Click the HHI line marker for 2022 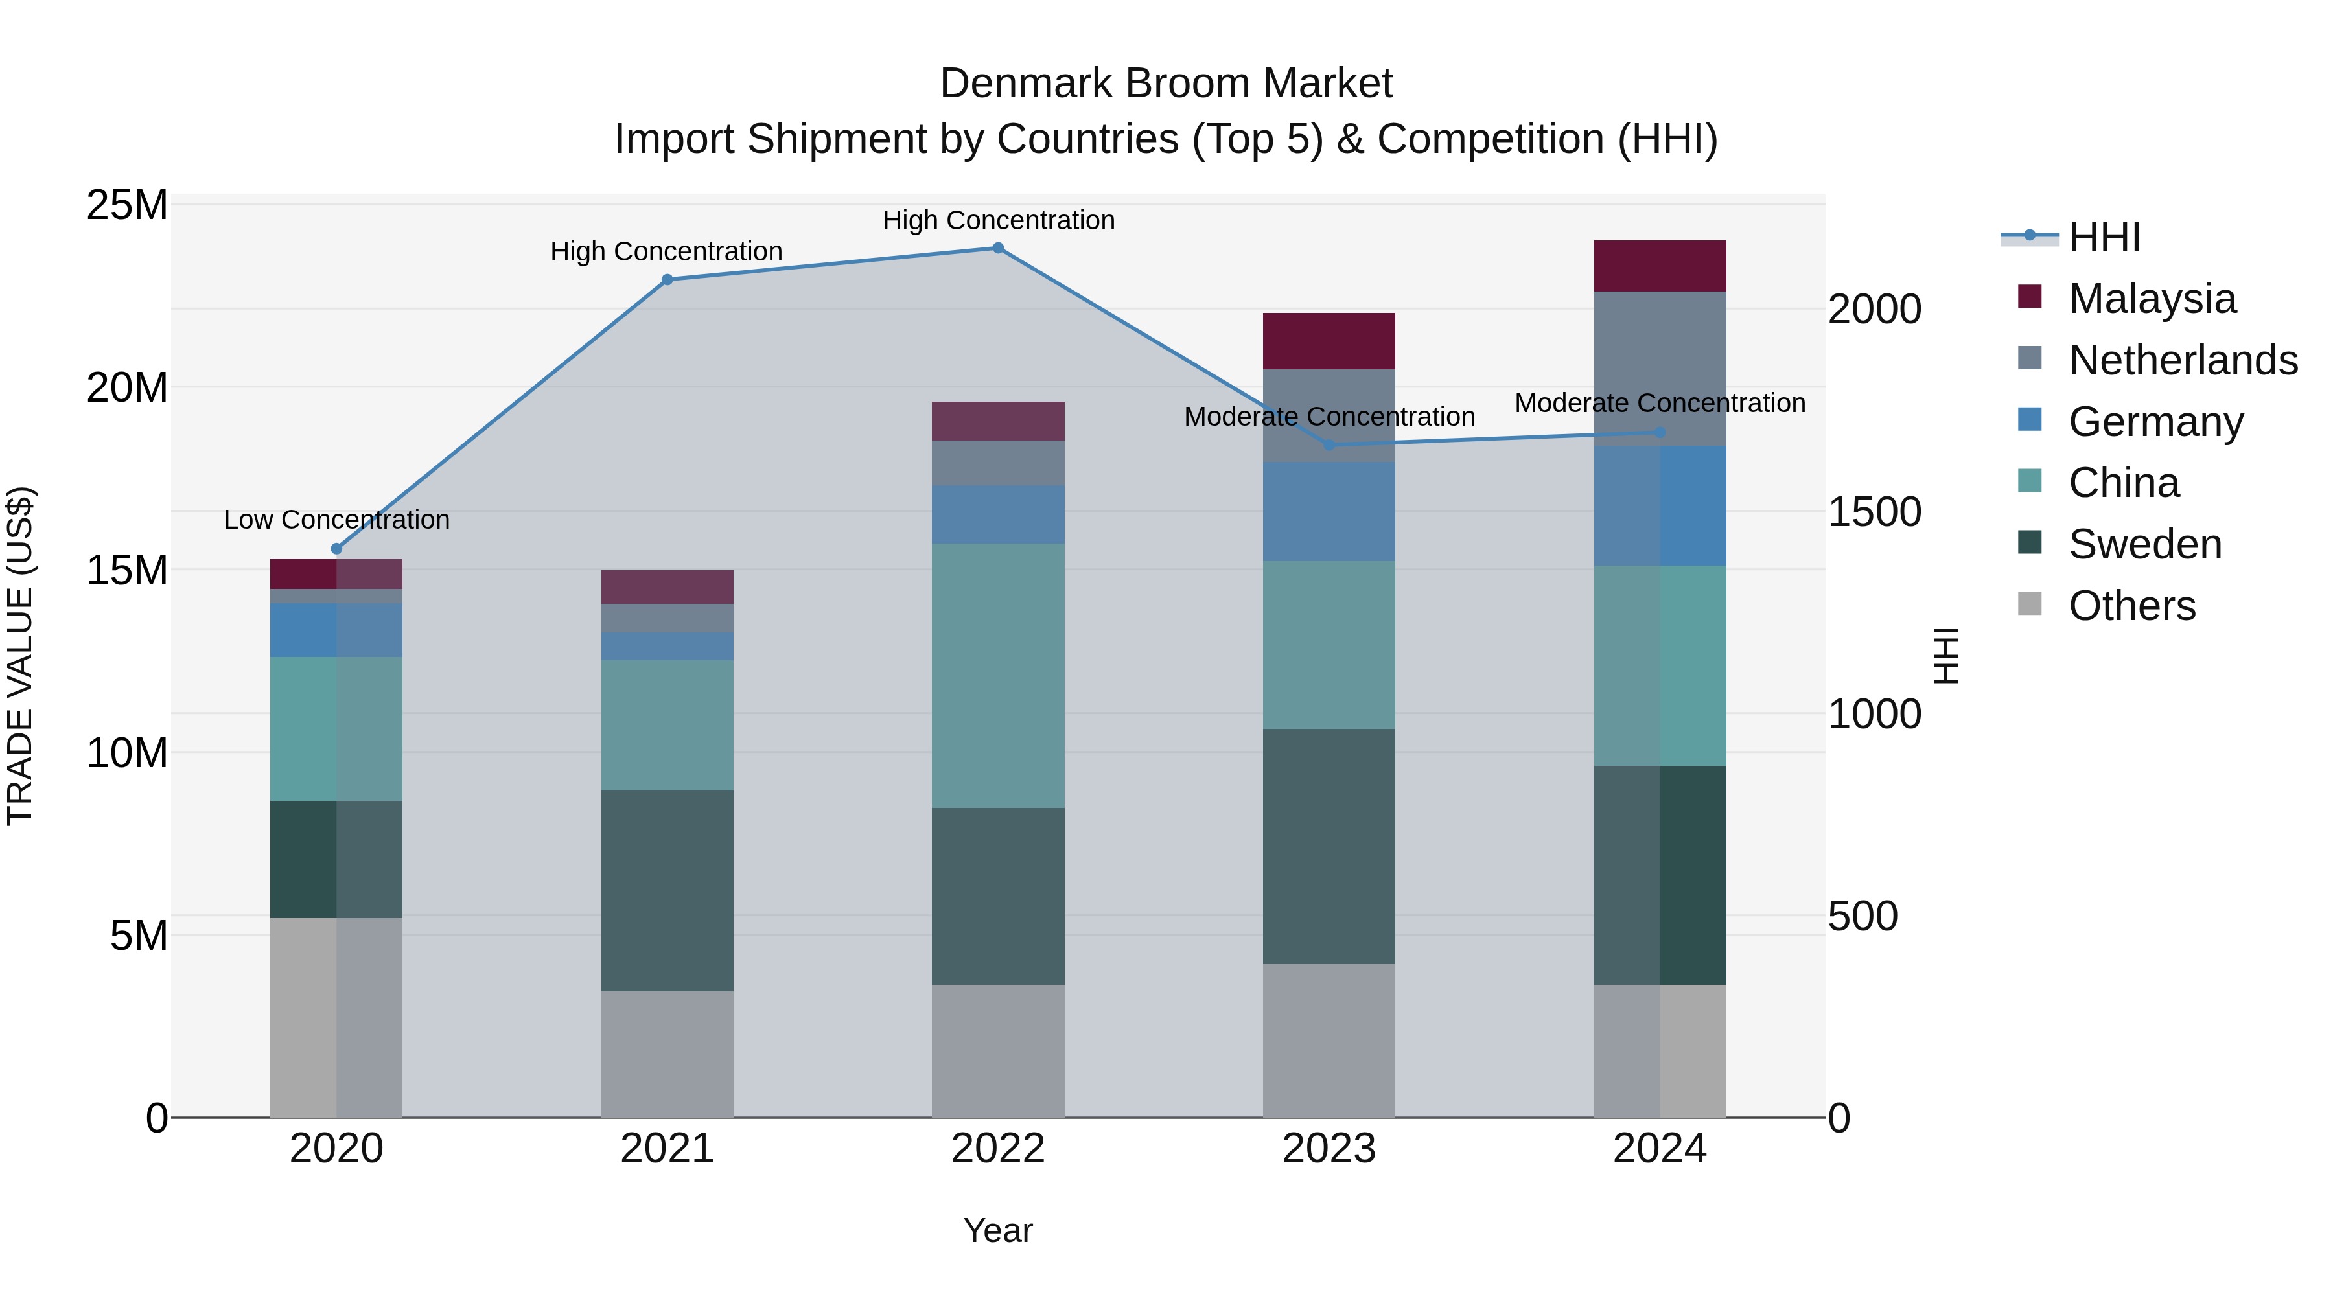pos(998,248)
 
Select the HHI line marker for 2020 pos(337,549)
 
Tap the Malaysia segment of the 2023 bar pos(1329,341)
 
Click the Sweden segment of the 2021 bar pos(667,891)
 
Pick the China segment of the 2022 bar pos(998,676)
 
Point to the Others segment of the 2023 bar pos(1329,1041)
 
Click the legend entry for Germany pos(2155,422)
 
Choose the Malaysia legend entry pos(2152,299)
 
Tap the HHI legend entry pos(2103,237)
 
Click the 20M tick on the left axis pos(127,387)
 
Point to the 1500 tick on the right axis pos(1874,512)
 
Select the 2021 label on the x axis pos(667,1149)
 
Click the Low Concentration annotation pos(337,520)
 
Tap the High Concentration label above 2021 pos(667,252)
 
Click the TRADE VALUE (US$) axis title pos(20,656)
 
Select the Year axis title pos(998,1230)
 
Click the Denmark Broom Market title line pos(1166,84)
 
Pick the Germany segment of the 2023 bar pos(1329,512)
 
